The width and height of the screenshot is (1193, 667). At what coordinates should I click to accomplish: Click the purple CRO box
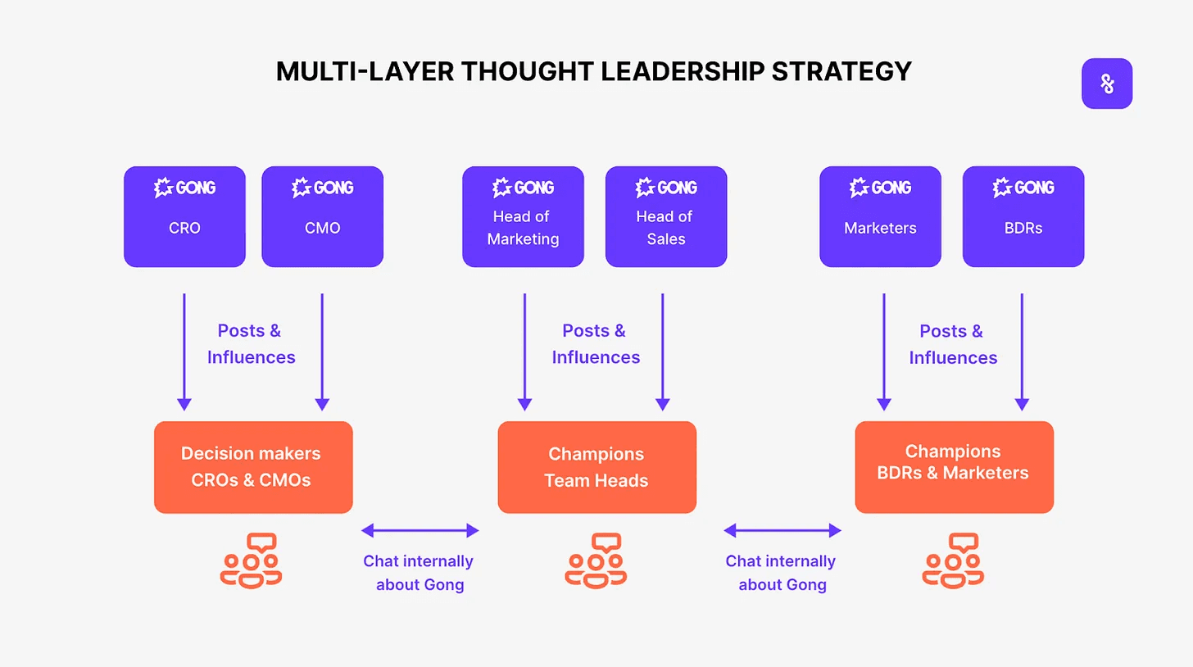(185, 216)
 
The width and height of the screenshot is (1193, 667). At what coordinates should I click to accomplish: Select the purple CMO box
(322, 216)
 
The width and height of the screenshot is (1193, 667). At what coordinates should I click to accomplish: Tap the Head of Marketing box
(523, 216)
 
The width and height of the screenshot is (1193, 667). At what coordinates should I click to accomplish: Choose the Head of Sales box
(666, 216)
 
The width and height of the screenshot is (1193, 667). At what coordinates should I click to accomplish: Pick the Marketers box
(880, 216)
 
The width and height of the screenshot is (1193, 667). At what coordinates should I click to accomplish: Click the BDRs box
(1023, 216)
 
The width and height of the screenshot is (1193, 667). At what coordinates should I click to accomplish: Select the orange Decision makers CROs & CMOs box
(253, 467)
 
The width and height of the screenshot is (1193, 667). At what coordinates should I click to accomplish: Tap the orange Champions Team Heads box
(597, 467)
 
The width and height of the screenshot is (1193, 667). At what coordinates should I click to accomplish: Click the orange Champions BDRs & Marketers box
(955, 467)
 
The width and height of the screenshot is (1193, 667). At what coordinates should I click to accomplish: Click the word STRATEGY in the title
(841, 71)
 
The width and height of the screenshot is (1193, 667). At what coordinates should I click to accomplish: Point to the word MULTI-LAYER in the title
(365, 71)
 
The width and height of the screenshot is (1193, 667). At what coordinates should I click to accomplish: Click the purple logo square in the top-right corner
(1107, 84)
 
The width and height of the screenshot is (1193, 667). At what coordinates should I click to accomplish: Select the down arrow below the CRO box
(184, 352)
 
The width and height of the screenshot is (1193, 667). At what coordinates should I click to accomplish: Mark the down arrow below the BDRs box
(1022, 352)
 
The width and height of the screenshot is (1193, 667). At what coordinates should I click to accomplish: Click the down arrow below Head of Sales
(663, 352)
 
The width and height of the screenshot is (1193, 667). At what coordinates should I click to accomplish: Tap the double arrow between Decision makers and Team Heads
(420, 530)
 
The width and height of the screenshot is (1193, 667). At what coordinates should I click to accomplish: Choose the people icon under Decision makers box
(251, 560)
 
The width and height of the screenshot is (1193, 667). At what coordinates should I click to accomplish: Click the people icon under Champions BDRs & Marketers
(954, 560)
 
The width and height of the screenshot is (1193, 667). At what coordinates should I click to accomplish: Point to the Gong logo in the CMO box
(322, 188)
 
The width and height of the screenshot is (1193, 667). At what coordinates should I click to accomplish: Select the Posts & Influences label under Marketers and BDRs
(953, 344)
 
